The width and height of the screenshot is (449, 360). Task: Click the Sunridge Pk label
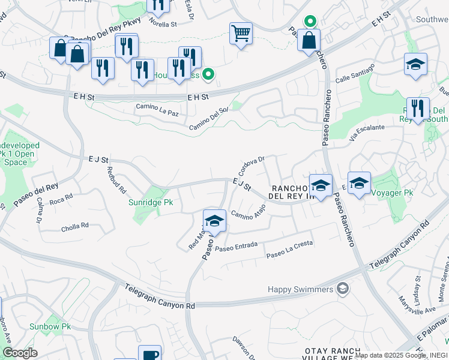point(151,203)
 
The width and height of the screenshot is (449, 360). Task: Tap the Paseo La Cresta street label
point(290,254)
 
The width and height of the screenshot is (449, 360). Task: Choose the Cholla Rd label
point(75,227)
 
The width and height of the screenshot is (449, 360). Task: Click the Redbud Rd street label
point(117,179)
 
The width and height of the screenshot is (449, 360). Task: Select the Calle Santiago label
point(354,75)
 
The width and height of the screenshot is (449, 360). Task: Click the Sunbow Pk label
point(50,327)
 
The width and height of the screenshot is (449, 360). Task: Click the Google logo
point(20,353)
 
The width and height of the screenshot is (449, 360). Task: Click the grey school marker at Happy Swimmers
point(342,289)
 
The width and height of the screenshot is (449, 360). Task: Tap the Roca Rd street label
point(61,199)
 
